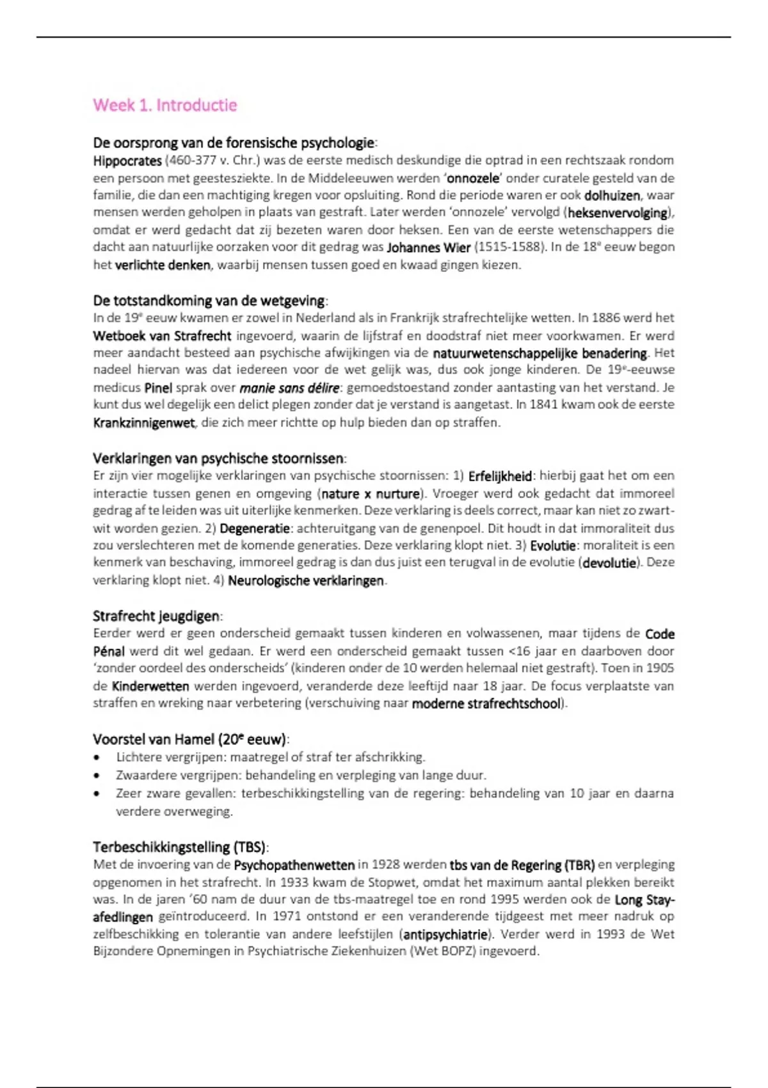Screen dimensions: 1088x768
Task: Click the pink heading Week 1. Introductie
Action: (x=165, y=106)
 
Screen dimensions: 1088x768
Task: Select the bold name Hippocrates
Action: (x=127, y=161)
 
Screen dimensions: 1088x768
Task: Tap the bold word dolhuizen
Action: (x=612, y=195)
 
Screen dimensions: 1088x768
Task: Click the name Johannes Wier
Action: (x=429, y=248)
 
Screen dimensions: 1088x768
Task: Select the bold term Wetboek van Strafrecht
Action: (x=162, y=336)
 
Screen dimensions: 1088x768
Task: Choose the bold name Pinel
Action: (x=158, y=388)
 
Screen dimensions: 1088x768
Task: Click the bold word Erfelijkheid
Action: (x=500, y=476)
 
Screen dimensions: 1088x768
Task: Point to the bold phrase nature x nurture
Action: (x=371, y=494)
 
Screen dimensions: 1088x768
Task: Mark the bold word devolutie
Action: (x=609, y=563)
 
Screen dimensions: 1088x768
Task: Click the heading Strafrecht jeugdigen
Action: (x=156, y=616)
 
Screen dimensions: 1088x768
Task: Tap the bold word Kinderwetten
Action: (x=150, y=686)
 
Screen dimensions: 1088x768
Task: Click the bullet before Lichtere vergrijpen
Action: (x=97, y=758)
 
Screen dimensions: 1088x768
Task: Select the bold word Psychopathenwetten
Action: (x=294, y=865)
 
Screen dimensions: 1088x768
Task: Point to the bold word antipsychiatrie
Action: (x=445, y=934)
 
